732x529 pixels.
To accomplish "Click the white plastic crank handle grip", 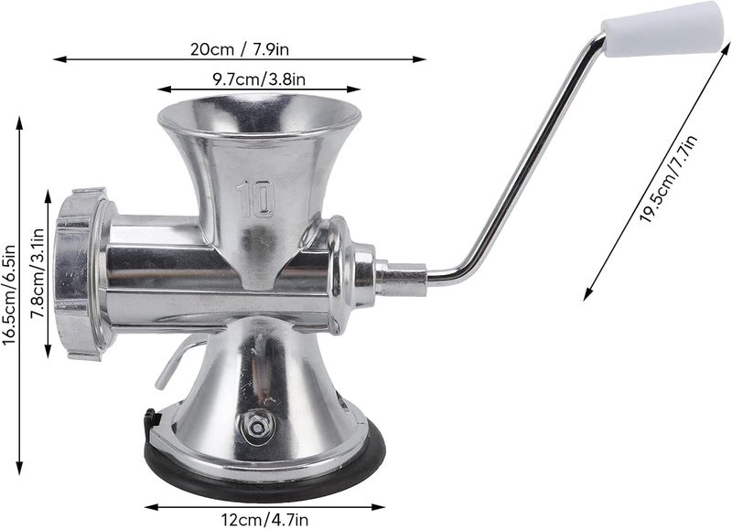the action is (x=665, y=29).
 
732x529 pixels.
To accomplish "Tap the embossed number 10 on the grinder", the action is (x=255, y=198).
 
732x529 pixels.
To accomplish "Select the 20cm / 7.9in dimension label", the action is (x=240, y=48).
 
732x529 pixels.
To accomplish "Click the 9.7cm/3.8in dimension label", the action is (x=259, y=79).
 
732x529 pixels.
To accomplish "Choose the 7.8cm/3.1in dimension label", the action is (x=37, y=273).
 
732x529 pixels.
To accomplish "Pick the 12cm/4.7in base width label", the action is (x=264, y=520).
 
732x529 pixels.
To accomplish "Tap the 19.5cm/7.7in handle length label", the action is (x=668, y=178).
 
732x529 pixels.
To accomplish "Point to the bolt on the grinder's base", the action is (x=256, y=425).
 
